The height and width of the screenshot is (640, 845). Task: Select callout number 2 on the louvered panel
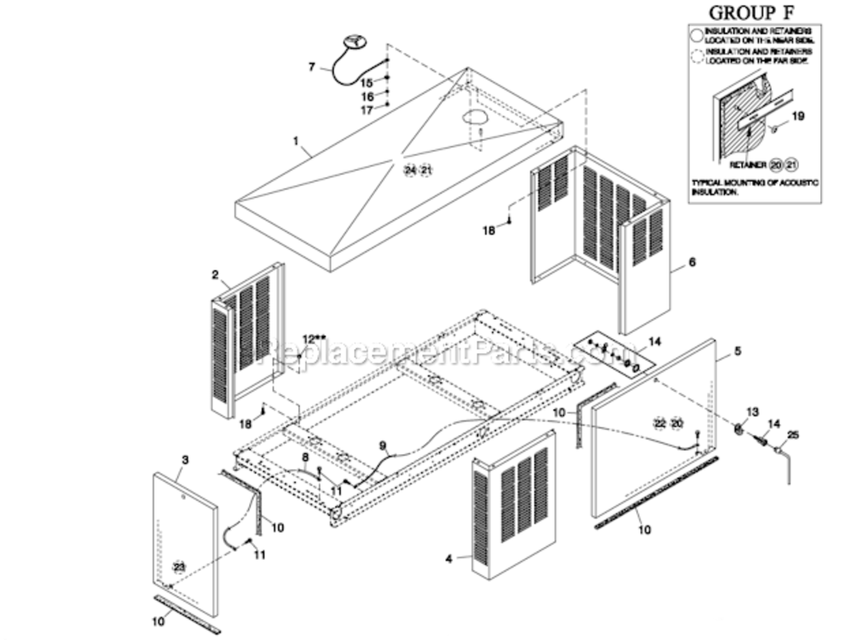point(215,275)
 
